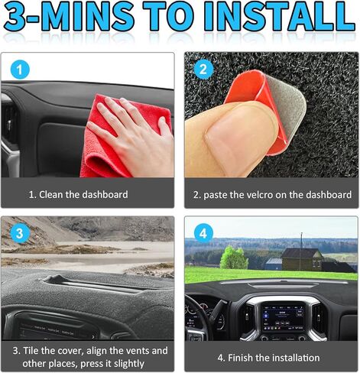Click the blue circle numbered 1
(x=20, y=70)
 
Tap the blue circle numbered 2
(x=203, y=70)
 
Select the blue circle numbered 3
(x=20, y=233)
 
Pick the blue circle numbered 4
(x=203, y=233)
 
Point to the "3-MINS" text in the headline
(x=68, y=17)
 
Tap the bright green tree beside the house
(x=234, y=258)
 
